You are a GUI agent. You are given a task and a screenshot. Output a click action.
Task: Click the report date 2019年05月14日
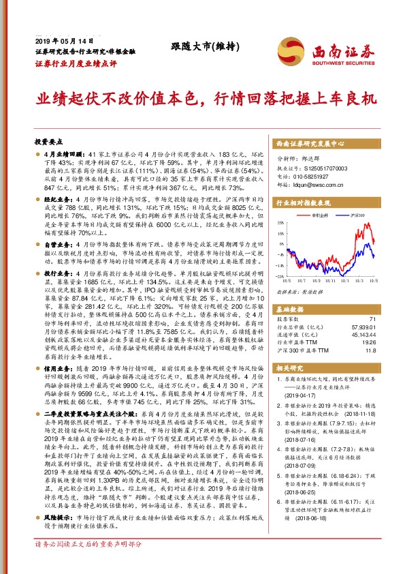63,41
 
